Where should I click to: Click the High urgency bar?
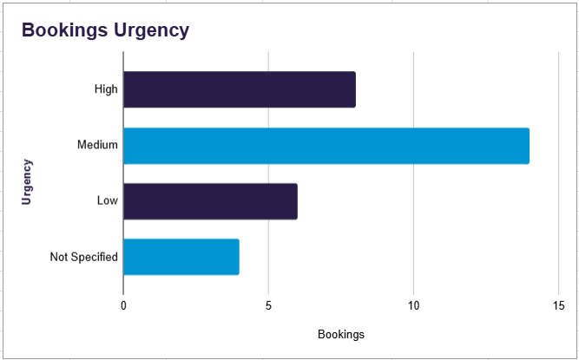click(x=239, y=89)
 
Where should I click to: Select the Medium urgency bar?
click(x=326, y=145)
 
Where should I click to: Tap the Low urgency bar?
click(x=210, y=201)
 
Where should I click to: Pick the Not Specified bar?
click(x=181, y=257)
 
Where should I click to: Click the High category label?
click(x=106, y=89)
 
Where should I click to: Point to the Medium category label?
click(x=97, y=145)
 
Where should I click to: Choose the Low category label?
click(x=108, y=201)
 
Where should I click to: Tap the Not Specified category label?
click(x=83, y=257)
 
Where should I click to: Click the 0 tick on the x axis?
click(x=123, y=305)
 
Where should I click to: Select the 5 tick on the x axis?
click(x=268, y=305)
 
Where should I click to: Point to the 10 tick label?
click(x=413, y=305)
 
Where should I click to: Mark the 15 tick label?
click(x=558, y=305)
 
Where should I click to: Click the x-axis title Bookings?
click(x=341, y=334)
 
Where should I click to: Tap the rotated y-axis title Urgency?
click(x=27, y=180)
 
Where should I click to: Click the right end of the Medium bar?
click(x=528, y=145)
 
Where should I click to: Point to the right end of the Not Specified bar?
click(x=238, y=257)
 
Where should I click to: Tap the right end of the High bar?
click(x=354, y=89)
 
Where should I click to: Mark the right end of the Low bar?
click(x=296, y=201)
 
